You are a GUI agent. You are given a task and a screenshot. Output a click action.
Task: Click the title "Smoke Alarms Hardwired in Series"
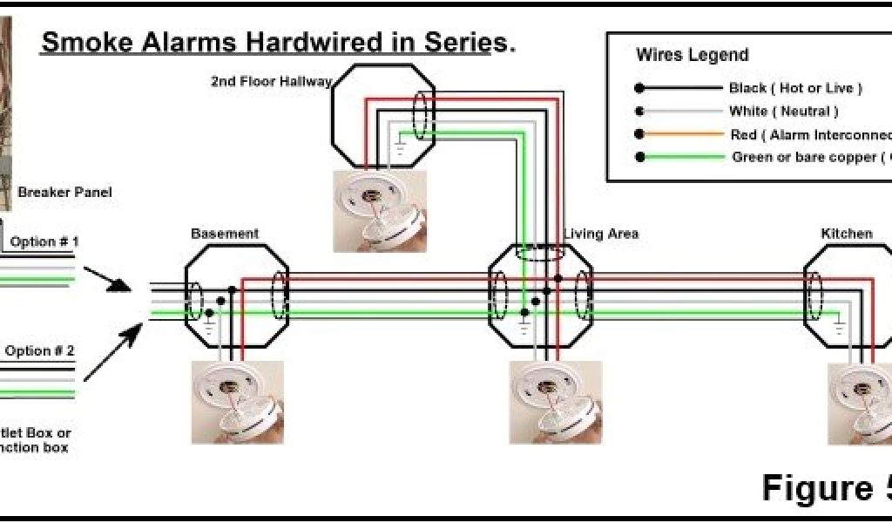tap(277, 44)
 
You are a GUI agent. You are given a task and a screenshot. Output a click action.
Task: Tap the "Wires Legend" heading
tap(692, 55)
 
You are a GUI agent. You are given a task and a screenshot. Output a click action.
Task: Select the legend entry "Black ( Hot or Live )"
tap(795, 88)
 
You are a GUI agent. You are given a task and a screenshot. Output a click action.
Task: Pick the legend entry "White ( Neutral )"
tap(783, 112)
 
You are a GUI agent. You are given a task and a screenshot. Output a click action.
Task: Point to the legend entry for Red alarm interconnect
tap(810, 135)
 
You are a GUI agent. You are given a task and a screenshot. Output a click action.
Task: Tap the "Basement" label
tap(225, 234)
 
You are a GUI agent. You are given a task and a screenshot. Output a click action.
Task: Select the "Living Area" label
tap(601, 234)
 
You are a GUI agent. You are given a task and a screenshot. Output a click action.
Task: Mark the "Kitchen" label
tap(847, 234)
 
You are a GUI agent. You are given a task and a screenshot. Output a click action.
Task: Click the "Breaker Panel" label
tap(64, 192)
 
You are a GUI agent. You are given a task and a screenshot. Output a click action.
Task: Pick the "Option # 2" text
tap(40, 351)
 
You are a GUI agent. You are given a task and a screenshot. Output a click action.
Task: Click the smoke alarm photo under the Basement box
tap(237, 402)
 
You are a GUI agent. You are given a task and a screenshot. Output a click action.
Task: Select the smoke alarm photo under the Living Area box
tap(556, 402)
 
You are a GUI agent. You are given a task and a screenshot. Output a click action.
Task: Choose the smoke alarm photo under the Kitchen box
tap(860, 402)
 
